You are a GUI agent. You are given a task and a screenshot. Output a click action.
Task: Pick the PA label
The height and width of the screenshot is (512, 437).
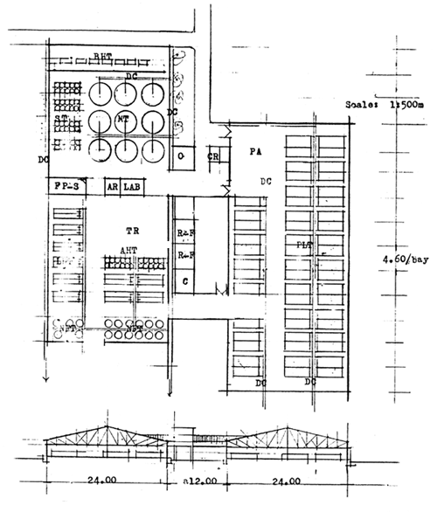point(255,151)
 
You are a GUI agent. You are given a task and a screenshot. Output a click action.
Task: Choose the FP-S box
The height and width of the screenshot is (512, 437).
point(67,187)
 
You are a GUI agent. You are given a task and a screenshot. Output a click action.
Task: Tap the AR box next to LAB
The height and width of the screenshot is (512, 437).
point(112,187)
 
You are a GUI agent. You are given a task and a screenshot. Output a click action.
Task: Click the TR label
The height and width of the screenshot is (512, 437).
point(132,231)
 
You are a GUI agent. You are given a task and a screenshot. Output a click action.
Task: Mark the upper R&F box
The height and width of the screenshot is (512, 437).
point(184,234)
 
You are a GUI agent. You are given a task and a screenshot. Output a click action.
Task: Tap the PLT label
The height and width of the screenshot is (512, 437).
point(304,245)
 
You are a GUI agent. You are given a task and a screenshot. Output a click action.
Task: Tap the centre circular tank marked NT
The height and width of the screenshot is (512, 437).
point(123,118)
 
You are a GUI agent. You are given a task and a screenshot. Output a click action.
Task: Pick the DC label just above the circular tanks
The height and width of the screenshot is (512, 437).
point(132,77)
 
